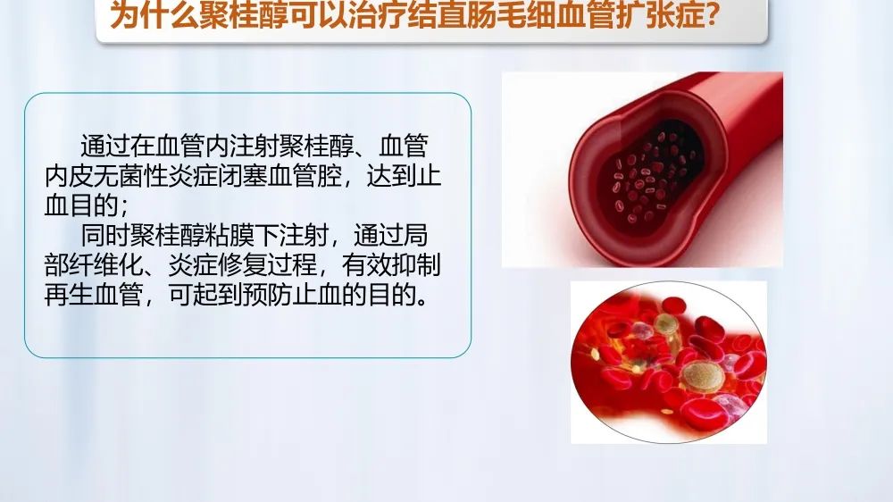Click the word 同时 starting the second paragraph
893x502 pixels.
[x=106, y=235]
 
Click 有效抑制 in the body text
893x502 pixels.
[x=392, y=265]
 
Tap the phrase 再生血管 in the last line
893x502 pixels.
[x=94, y=295]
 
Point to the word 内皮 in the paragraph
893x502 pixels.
[x=70, y=176]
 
